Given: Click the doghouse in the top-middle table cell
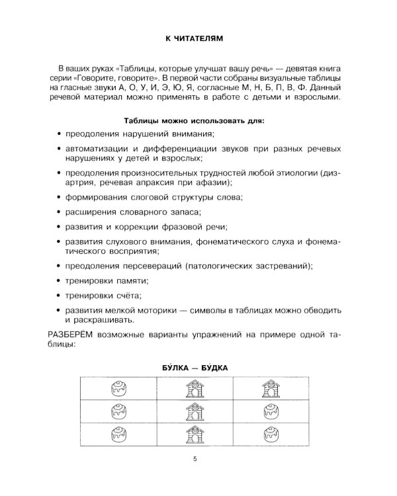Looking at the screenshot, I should point(195,388).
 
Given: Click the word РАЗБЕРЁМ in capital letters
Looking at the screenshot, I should point(71,335).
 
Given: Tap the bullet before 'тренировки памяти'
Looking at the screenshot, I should point(59,280).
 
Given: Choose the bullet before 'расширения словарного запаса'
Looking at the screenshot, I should point(59,212).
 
